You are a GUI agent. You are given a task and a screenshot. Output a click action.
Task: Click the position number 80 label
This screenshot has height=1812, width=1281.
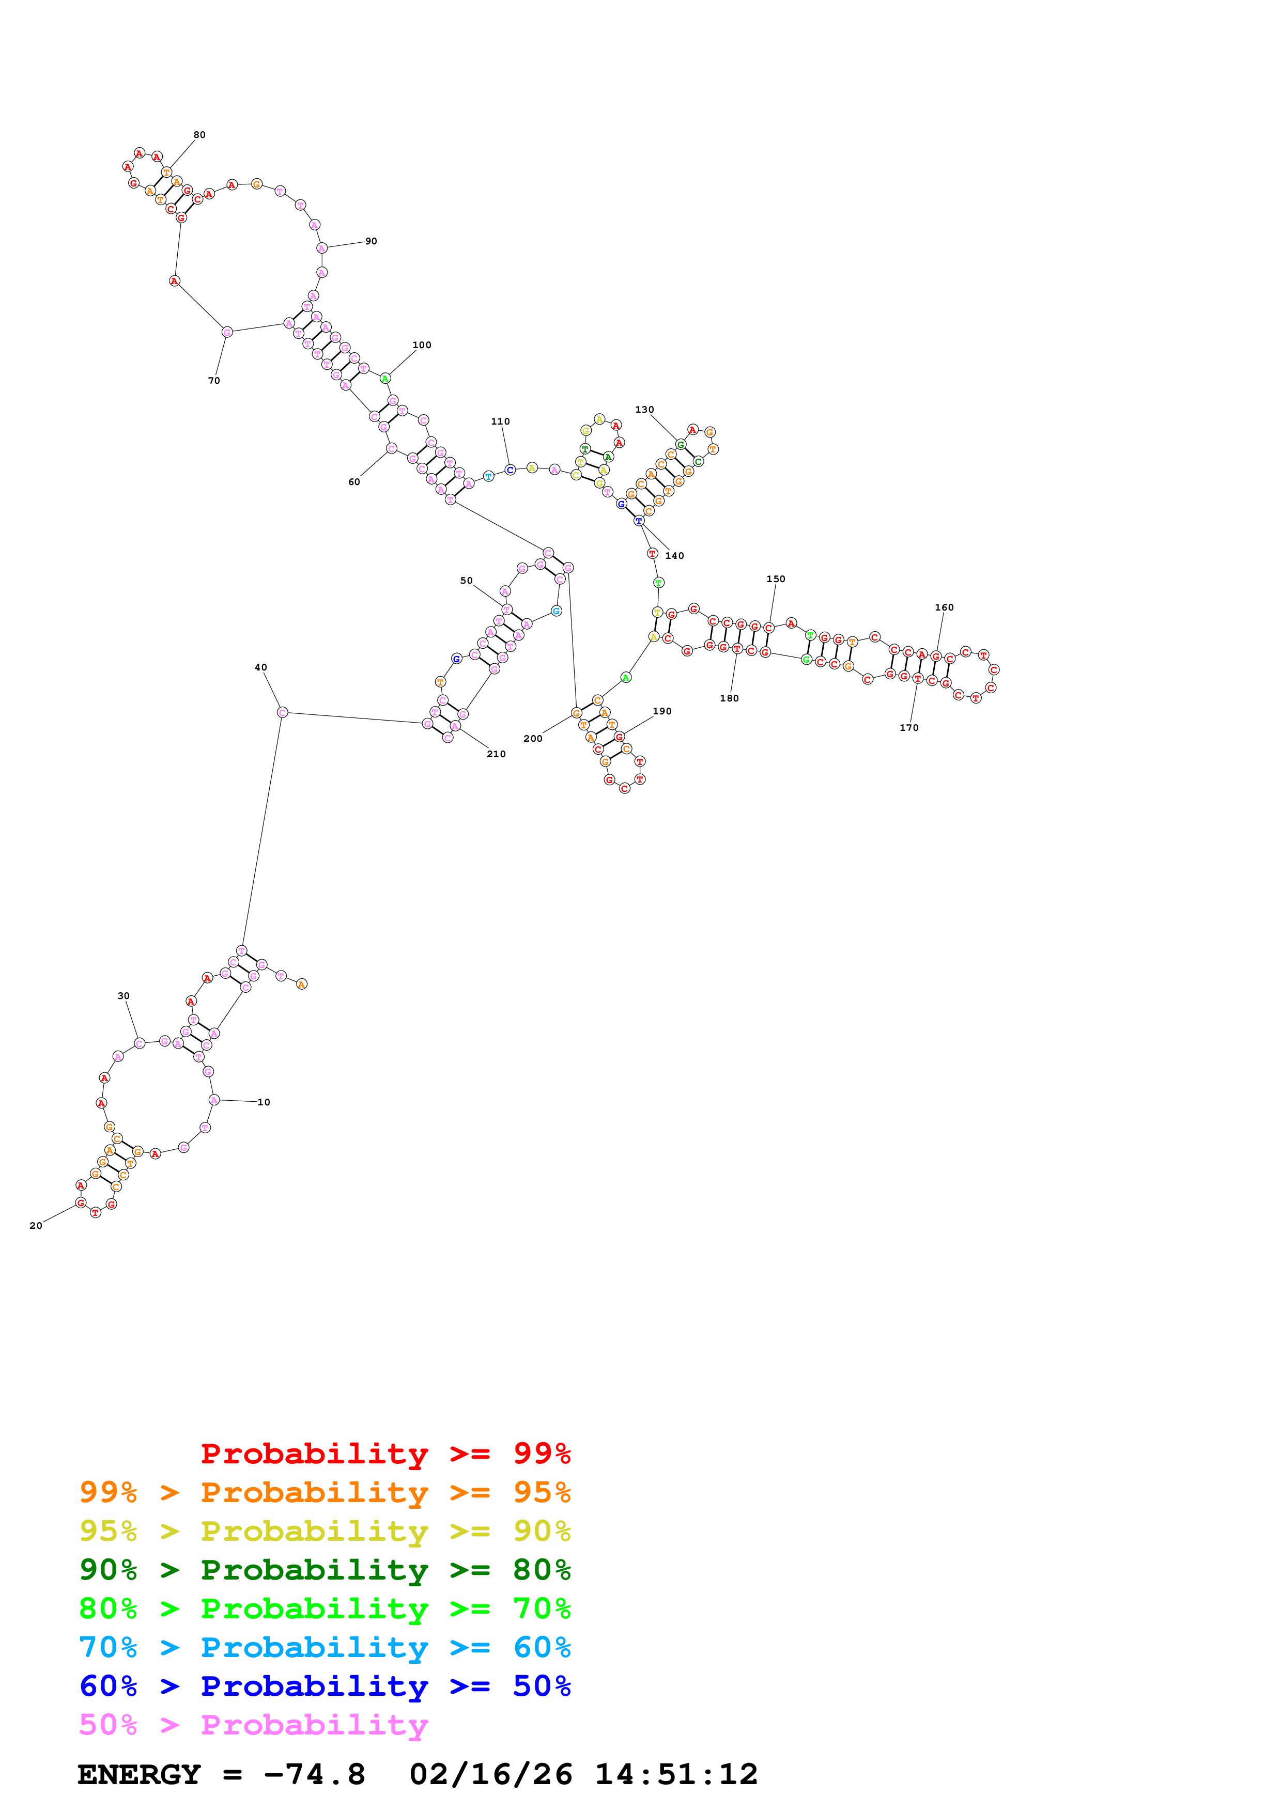click(x=199, y=135)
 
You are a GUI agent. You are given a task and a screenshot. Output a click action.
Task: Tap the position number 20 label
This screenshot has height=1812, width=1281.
click(x=36, y=1226)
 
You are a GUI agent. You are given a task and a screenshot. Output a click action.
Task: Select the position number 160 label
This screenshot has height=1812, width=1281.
click(x=944, y=607)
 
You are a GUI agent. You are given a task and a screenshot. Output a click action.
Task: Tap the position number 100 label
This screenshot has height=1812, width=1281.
click(x=422, y=345)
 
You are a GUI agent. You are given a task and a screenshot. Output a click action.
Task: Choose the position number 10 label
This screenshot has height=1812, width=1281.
click(x=264, y=1102)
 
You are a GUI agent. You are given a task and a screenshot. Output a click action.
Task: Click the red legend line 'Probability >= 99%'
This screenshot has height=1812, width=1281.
click(x=385, y=1453)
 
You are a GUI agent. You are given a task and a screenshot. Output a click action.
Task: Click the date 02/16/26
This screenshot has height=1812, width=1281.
click(x=490, y=1774)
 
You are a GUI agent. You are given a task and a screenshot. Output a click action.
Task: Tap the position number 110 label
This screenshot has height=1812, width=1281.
click(x=500, y=421)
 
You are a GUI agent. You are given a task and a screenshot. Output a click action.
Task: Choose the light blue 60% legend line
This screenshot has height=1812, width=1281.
click(x=325, y=1647)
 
